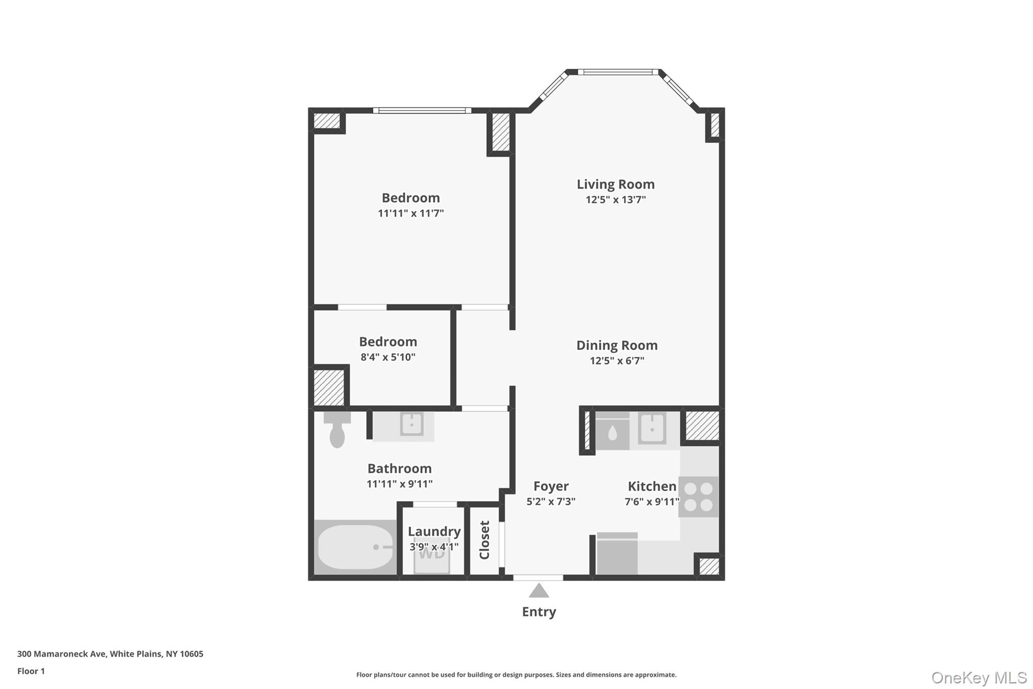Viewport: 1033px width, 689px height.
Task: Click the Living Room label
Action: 615,184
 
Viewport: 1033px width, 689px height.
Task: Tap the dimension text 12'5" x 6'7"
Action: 617,360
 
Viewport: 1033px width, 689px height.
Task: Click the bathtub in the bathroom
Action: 355,547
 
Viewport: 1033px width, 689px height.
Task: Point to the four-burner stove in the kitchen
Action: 698,497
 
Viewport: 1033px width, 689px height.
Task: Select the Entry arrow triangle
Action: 539,591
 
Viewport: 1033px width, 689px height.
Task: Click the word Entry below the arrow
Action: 539,612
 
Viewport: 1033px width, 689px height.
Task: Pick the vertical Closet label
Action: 484,540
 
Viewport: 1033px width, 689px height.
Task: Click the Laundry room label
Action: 434,532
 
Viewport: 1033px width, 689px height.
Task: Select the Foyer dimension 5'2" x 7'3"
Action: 551,502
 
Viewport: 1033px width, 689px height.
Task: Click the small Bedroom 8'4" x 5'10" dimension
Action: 388,357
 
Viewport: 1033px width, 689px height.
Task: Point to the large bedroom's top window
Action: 422,111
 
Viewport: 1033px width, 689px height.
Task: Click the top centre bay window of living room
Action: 618,72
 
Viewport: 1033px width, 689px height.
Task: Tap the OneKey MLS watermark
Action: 979,677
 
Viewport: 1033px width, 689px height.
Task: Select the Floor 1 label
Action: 31,671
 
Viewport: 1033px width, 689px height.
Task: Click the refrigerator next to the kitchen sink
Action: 612,432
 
